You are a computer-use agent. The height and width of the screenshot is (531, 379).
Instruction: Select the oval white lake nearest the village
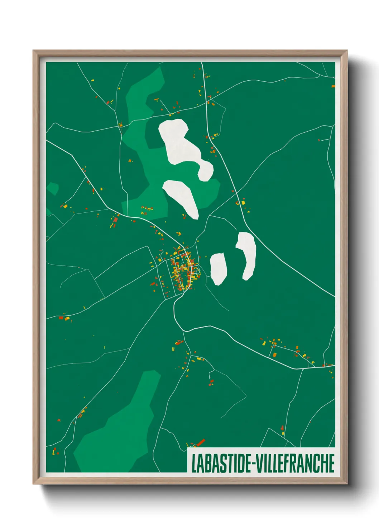click(218, 268)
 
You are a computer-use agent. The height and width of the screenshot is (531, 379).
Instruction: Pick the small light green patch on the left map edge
click(52, 188)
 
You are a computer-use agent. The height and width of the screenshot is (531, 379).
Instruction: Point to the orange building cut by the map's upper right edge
click(333, 86)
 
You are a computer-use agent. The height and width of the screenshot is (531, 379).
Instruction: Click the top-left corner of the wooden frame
click(34, 51)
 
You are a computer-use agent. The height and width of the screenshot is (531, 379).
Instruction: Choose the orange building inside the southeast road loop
click(275, 355)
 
